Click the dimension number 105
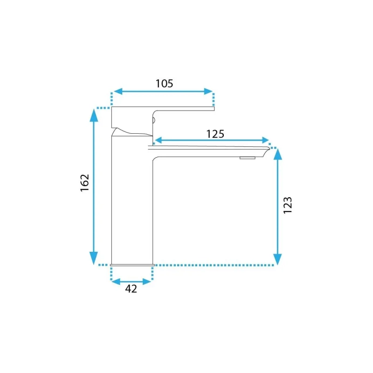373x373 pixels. click(x=164, y=83)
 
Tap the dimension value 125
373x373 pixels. click(x=215, y=134)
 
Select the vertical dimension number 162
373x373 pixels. click(x=85, y=183)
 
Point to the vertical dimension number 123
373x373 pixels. click(x=287, y=205)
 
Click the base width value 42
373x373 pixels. click(x=131, y=289)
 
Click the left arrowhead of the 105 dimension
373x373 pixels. click(x=118, y=91)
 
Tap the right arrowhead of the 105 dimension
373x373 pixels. click(x=208, y=91)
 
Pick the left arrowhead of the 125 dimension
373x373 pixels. click(x=159, y=140)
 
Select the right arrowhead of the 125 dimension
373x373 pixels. click(x=265, y=140)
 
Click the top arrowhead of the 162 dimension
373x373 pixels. click(x=94, y=116)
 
